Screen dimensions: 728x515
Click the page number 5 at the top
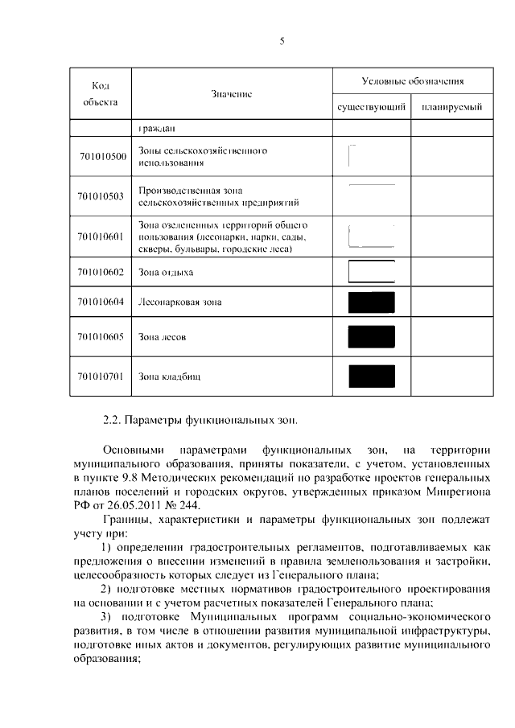pos(282,40)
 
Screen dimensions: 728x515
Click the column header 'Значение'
pos(232,94)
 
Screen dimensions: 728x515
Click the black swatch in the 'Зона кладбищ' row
pos(371,376)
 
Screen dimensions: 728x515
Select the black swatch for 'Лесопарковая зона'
pos(371,302)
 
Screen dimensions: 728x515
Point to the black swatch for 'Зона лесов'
pos(371,336)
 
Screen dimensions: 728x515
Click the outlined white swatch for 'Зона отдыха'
pos(371,272)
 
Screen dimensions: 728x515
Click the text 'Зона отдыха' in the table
pos(166,273)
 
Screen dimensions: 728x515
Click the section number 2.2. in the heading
pos(114,420)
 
